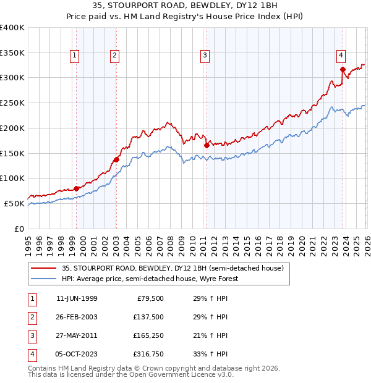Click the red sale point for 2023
(x=342, y=69)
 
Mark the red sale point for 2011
(x=207, y=146)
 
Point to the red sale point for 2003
(x=116, y=159)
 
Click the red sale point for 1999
(x=76, y=188)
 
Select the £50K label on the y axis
(x=15, y=203)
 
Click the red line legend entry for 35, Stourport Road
(x=173, y=268)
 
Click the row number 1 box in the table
(x=30, y=298)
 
